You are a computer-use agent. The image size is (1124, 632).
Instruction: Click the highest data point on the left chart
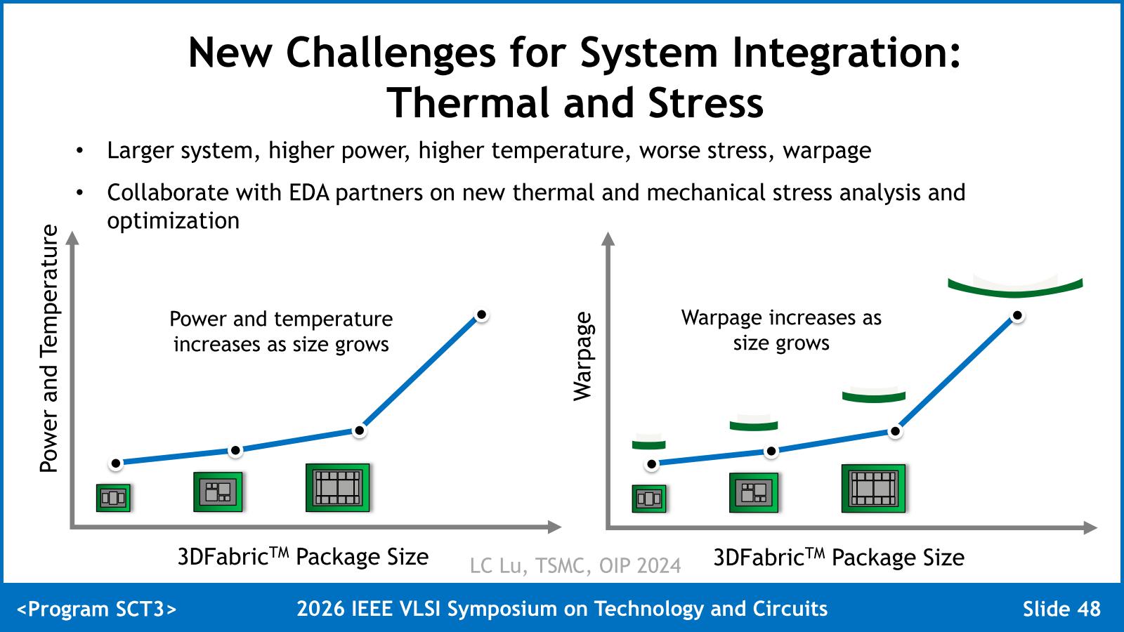[482, 315]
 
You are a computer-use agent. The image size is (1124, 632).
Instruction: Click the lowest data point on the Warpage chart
[651, 464]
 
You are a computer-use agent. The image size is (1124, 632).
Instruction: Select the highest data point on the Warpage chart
[1017, 315]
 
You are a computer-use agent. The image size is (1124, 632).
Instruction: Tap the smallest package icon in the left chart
[113, 498]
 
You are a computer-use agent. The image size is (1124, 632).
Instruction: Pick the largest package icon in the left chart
[338, 487]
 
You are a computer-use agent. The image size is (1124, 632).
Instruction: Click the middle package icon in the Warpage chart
[754, 492]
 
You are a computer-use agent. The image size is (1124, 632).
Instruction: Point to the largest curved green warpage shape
[1015, 287]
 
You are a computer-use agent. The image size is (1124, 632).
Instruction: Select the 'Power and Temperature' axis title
[49, 348]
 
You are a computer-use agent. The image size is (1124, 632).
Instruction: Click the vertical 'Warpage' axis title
[583, 357]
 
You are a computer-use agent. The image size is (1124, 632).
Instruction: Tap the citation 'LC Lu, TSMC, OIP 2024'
[575, 566]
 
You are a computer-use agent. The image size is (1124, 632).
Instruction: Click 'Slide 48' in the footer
[1061, 608]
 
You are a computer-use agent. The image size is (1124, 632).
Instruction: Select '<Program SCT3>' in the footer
[97, 609]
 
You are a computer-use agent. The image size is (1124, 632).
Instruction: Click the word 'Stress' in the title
[705, 103]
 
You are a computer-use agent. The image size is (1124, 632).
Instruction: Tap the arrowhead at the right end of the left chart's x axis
[554, 527]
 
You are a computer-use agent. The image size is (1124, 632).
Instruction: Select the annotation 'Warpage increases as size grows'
[781, 330]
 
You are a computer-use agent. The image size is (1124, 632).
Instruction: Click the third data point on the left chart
[359, 431]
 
